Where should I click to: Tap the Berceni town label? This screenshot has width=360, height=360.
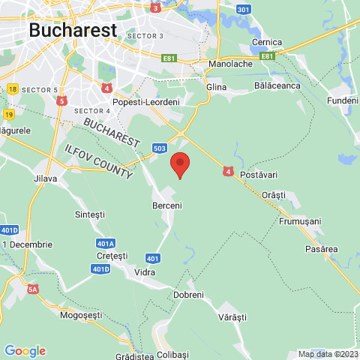coord(167,205)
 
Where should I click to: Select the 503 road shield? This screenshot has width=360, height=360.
coord(159,148)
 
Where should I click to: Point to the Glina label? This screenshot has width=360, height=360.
coord(216,87)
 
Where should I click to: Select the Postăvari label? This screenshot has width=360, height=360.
coord(259,175)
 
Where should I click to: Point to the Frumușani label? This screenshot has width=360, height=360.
coord(300,222)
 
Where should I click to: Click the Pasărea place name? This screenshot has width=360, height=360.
coord(322,248)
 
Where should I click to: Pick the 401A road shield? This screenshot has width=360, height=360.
coord(106,244)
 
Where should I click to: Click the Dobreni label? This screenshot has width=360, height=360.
coord(188,295)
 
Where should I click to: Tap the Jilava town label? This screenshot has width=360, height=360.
coord(45,178)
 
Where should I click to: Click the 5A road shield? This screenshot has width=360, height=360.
coord(32,289)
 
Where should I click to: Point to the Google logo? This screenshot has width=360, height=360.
coord(25,350)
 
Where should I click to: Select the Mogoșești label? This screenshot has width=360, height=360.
coord(80,315)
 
